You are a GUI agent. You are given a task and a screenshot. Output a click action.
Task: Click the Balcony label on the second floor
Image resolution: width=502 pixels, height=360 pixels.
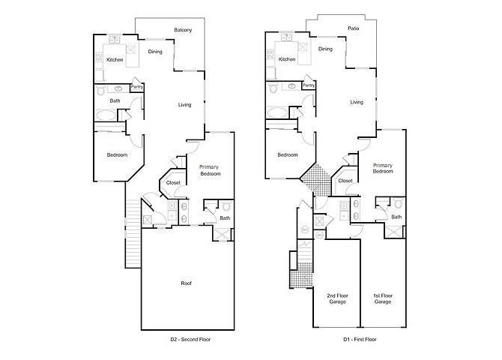pyautogui.click(x=183, y=30)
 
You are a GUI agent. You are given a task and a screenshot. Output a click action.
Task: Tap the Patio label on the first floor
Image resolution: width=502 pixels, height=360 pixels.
pyautogui.click(x=353, y=28)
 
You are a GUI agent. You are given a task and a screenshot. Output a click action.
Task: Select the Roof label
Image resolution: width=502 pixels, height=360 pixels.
pyautogui.click(x=186, y=283)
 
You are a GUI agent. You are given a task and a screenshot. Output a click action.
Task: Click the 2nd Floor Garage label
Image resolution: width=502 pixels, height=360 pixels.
pyautogui.click(x=336, y=298)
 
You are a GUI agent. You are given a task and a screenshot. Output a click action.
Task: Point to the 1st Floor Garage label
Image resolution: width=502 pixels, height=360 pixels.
pyautogui.click(x=382, y=298)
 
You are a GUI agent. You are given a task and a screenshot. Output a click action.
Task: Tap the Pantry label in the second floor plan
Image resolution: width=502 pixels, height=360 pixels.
pyautogui.click(x=137, y=87)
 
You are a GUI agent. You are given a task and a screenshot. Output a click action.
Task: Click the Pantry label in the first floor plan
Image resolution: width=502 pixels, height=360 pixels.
pyautogui.click(x=309, y=85)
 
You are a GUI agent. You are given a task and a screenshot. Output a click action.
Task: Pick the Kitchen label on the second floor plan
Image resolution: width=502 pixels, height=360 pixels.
pyautogui.click(x=114, y=59)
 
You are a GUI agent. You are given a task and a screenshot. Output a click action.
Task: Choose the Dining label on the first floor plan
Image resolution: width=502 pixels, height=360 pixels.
pyautogui.click(x=325, y=49)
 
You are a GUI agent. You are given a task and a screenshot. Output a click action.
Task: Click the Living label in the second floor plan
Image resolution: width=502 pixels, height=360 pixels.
pyautogui.click(x=185, y=104)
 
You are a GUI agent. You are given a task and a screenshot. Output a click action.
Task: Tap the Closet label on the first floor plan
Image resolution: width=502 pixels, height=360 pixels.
pyautogui.click(x=345, y=181)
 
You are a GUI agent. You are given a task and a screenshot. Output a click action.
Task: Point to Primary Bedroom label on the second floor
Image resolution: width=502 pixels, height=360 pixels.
pyautogui.click(x=210, y=170)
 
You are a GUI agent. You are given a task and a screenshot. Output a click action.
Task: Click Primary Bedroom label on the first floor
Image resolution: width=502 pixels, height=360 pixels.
pyautogui.click(x=383, y=168)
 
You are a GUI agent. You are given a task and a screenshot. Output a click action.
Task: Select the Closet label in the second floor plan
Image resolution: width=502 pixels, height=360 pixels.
pyautogui.click(x=173, y=182)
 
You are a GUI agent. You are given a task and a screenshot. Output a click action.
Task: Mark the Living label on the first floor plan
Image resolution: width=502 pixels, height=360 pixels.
pyautogui.click(x=357, y=102)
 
